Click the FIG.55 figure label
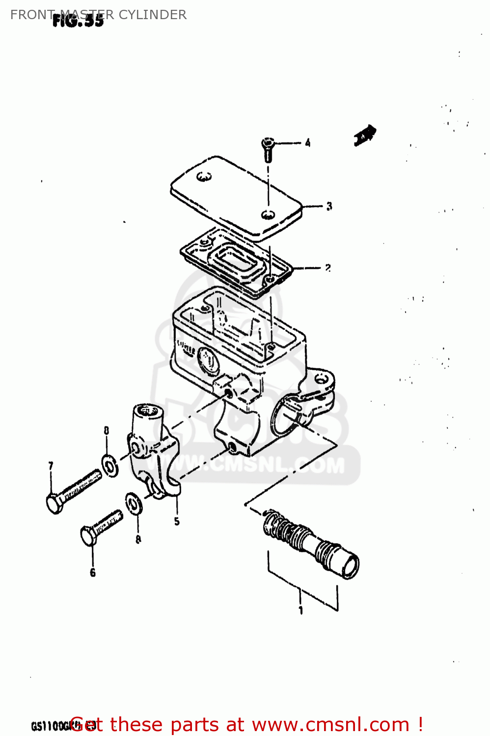tap(79, 21)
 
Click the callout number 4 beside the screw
tap(307, 143)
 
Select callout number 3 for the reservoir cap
tap(329, 207)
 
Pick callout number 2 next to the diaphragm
tap(327, 268)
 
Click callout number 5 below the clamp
tap(177, 522)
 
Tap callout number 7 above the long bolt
tap(51, 466)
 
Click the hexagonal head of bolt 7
tap(54, 503)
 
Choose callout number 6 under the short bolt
tap(92, 572)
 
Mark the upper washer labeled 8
tap(110, 465)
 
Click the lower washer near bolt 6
tap(134, 503)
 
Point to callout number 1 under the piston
tap(301, 610)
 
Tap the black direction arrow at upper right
tap(365, 135)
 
